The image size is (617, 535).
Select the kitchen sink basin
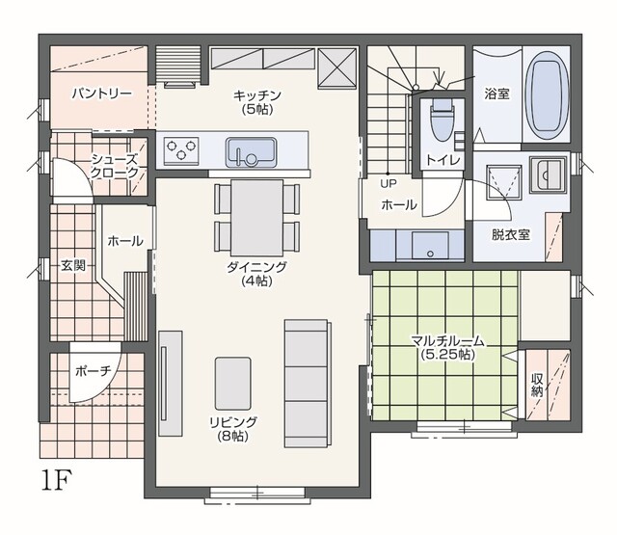click(251, 152)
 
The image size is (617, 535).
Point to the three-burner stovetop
click(181, 150)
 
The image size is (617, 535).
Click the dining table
click(257, 218)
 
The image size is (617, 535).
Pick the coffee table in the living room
click(233, 383)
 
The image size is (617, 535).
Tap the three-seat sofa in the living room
click(308, 384)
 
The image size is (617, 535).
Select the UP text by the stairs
click(389, 183)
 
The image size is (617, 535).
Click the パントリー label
click(102, 94)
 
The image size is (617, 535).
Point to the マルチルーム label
click(447, 341)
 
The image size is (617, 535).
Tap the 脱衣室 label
click(511, 235)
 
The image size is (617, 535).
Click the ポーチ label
click(94, 370)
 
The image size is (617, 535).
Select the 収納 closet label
click(537, 386)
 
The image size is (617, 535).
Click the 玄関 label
click(73, 265)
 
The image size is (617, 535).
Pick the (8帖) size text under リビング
click(233, 436)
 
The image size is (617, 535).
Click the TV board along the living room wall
click(171, 383)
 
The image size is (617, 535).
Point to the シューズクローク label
click(115, 166)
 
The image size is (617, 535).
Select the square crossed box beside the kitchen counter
click(336, 67)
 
